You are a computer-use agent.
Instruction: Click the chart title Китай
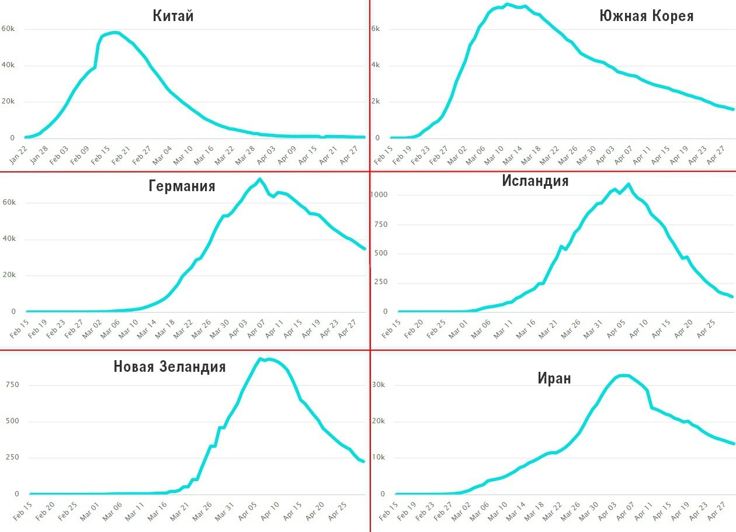pyautogui.click(x=173, y=16)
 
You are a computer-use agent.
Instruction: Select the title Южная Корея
pyautogui.click(x=646, y=16)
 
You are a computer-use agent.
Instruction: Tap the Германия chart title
pyautogui.click(x=182, y=186)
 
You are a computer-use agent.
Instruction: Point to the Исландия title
pyautogui.click(x=535, y=181)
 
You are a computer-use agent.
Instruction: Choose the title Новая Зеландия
pyautogui.click(x=169, y=367)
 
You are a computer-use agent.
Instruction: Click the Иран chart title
pyautogui.click(x=554, y=378)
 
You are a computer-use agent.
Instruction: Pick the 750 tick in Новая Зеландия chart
pyautogui.click(x=12, y=385)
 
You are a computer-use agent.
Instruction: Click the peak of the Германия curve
pyautogui.click(x=260, y=179)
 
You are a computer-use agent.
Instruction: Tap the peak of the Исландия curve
pyautogui.click(x=629, y=185)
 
